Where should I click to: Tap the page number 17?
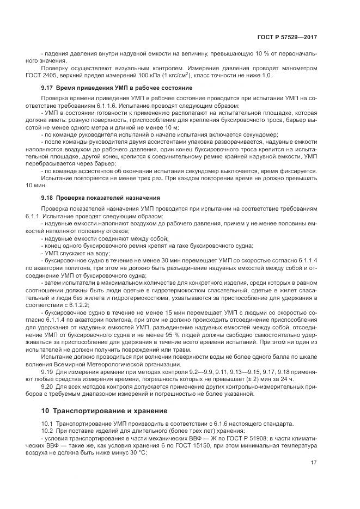point(313,463)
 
